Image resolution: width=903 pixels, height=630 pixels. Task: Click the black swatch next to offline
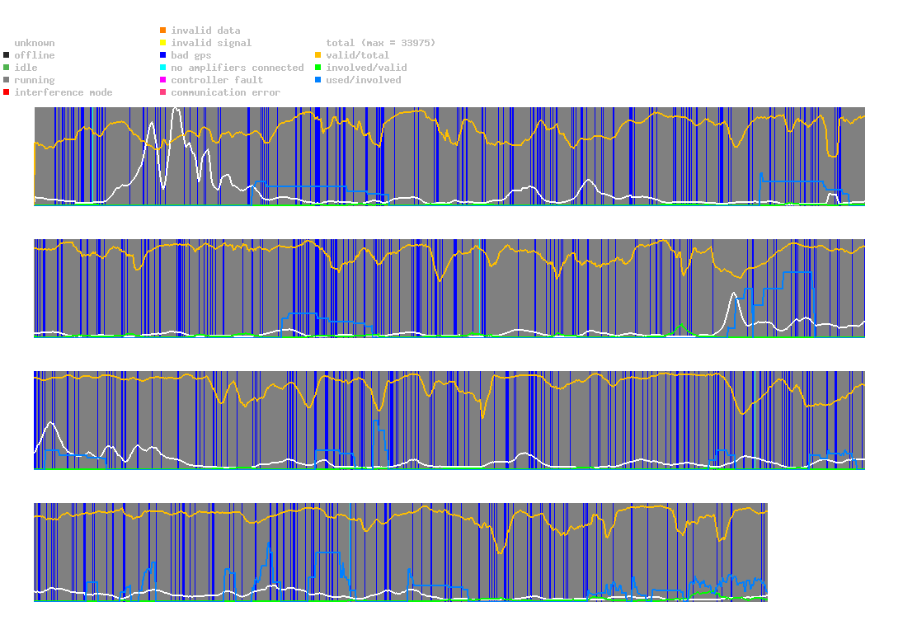point(7,55)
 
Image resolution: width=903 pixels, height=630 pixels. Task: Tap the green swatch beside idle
point(7,68)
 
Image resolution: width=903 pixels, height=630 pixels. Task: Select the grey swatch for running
point(7,80)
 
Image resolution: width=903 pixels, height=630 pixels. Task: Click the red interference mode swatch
point(7,92)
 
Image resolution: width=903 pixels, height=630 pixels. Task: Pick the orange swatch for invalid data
point(163,30)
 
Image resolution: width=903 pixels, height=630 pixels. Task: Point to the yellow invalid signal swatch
point(163,43)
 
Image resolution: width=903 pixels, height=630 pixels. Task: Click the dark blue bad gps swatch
point(163,55)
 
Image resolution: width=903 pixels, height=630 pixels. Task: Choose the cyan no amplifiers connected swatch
point(163,68)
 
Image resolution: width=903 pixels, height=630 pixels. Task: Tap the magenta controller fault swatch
point(163,80)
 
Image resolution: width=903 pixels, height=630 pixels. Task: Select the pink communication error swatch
point(163,92)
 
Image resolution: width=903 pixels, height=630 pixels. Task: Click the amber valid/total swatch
point(317,55)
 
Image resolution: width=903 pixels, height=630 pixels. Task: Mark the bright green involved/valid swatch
point(317,68)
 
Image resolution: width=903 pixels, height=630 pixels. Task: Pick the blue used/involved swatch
point(317,80)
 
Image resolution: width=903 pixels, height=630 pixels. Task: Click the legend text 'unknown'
point(35,43)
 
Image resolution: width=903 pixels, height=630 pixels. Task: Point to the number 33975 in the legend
point(416,43)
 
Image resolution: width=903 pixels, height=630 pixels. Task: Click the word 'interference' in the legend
point(49,92)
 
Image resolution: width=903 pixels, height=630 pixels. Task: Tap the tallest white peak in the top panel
point(176,110)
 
